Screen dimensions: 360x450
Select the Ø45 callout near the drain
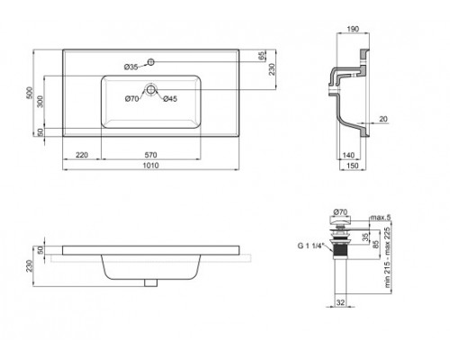pos(169,97)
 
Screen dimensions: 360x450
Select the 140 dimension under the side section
pos(349,154)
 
